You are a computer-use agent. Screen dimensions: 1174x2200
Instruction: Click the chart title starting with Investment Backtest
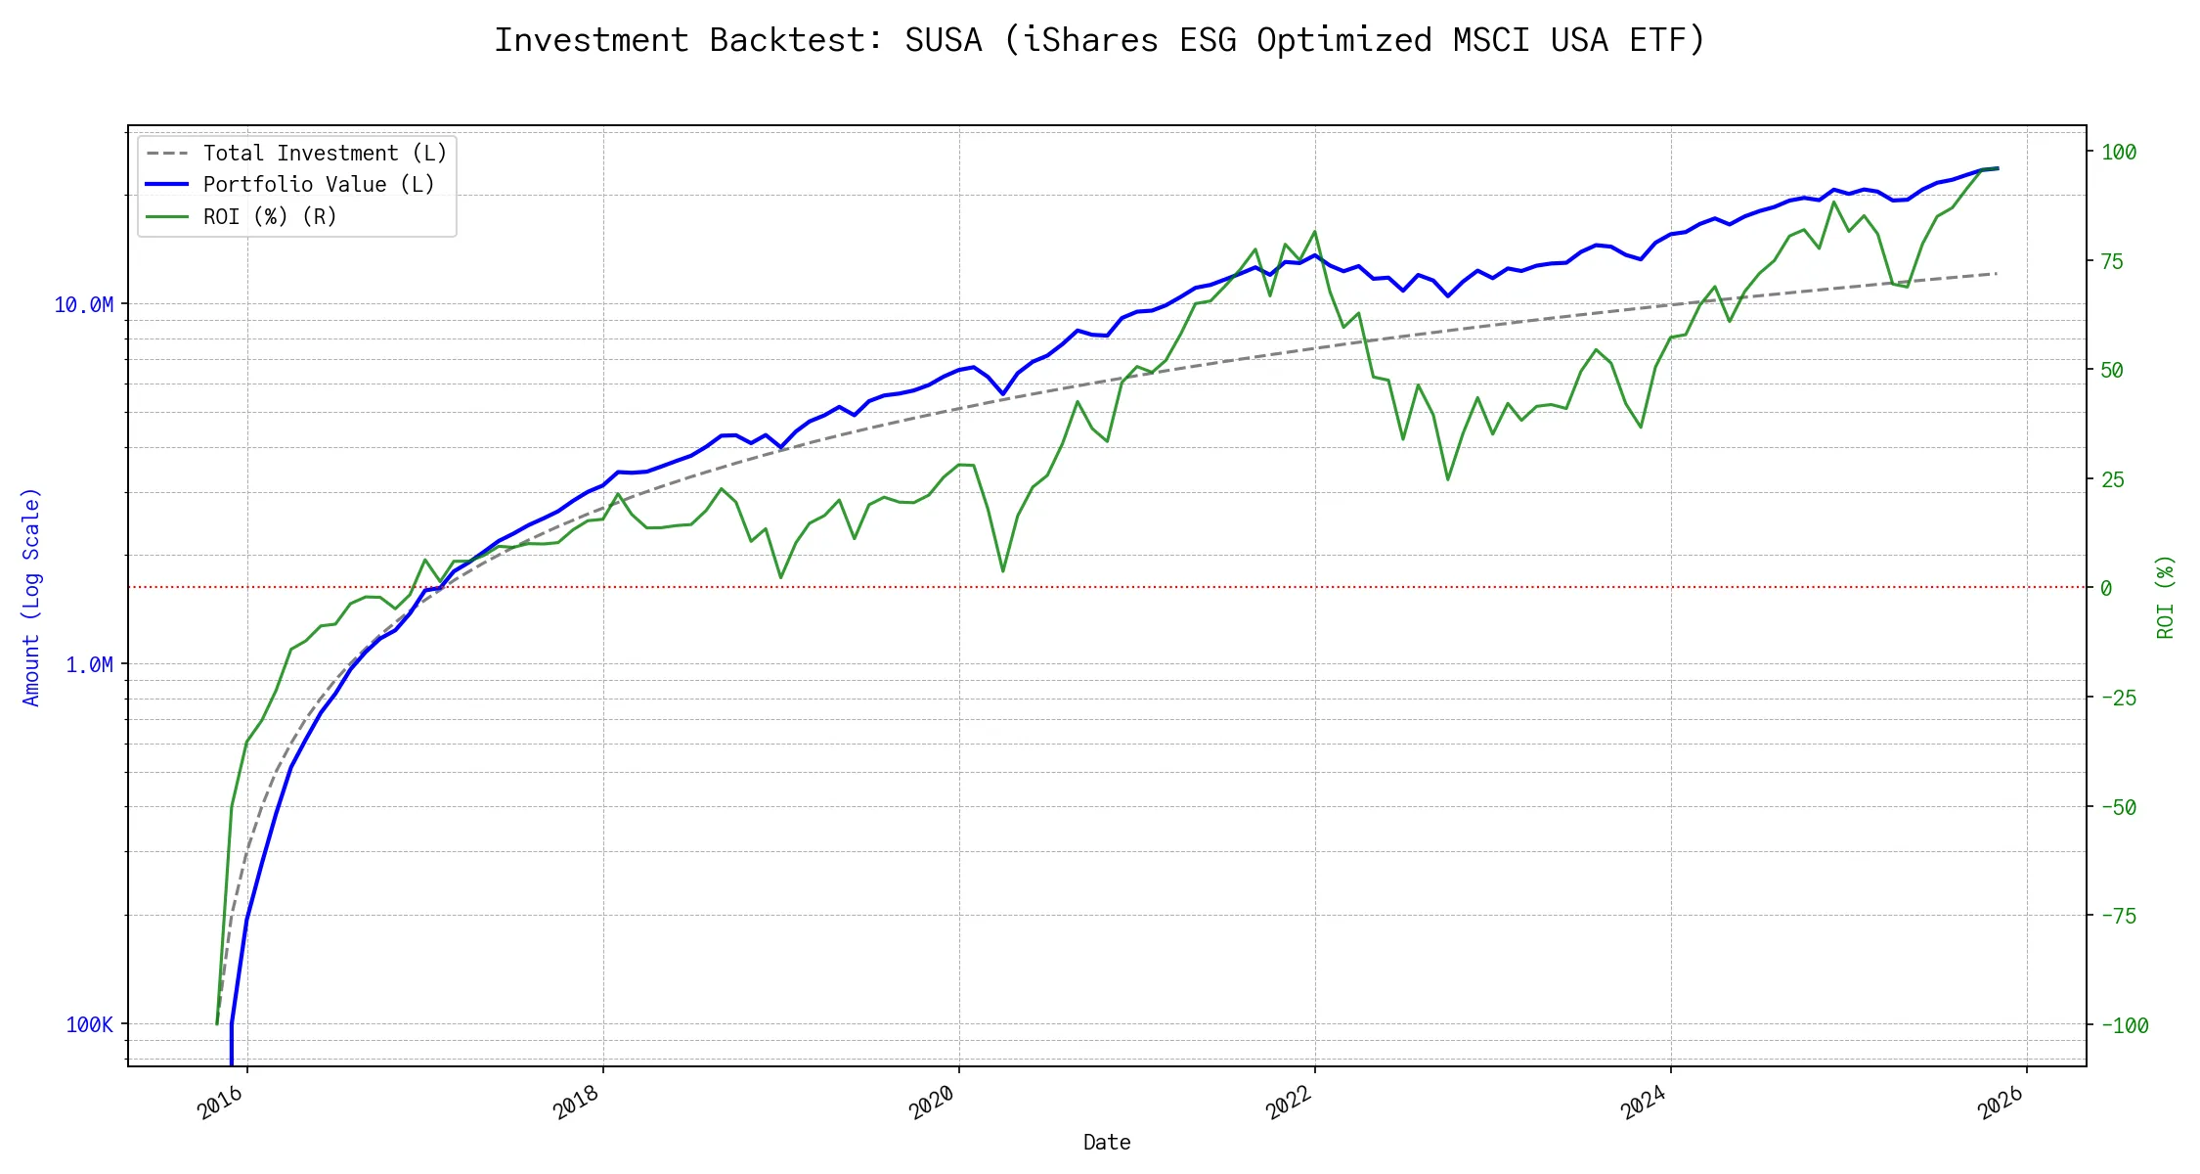(1099, 40)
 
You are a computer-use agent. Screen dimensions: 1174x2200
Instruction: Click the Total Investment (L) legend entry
(325, 154)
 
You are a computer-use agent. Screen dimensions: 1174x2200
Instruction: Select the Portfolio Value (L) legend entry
(319, 185)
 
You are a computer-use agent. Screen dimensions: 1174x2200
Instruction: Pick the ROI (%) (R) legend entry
(270, 217)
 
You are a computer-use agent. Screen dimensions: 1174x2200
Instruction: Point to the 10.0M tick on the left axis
(84, 305)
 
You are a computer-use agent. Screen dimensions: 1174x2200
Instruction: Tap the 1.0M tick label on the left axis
(90, 665)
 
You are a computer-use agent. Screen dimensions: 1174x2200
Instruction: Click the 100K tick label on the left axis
(90, 1025)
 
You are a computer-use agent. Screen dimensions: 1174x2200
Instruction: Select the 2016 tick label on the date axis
(221, 1104)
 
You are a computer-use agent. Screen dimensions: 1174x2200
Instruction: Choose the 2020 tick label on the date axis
(932, 1104)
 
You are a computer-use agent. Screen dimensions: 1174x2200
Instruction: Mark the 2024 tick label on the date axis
(1644, 1104)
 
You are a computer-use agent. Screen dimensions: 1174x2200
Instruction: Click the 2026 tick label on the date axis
(2001, 1104)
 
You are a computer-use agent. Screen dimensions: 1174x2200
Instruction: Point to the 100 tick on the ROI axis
(2119, 152)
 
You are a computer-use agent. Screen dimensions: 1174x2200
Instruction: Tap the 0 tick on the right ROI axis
(2106, 588)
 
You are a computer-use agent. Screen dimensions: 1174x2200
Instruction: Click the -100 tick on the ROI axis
(2125, 1025)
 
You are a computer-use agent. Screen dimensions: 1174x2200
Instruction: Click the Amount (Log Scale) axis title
(31, 597)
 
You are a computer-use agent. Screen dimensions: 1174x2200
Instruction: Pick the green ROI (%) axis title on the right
(2166, 597)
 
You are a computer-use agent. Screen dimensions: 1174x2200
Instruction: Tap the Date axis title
(1107, 1143)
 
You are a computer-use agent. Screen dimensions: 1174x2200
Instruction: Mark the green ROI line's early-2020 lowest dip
(1003, 571)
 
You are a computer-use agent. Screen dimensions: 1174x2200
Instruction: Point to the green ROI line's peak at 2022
(1315, 232)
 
